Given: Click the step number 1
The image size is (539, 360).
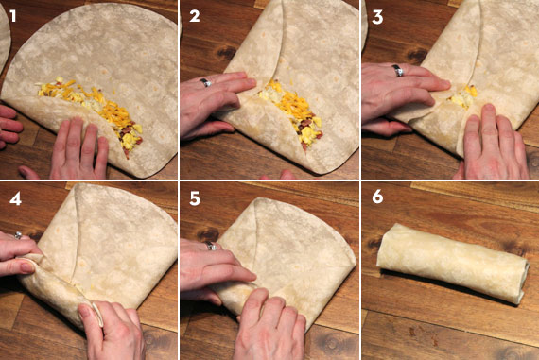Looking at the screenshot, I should tap(11, 15).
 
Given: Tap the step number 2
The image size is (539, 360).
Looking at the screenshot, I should tap(194, 15).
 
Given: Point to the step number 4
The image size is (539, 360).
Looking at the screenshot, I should tap(12, 199).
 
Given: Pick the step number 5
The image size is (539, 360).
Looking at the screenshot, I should tap(194, 199).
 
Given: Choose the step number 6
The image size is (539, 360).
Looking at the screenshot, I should tap(374, 199).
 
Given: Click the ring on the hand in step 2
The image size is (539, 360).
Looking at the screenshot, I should tap(205, 83).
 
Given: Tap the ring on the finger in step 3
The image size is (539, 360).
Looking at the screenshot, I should tap(398, 70).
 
